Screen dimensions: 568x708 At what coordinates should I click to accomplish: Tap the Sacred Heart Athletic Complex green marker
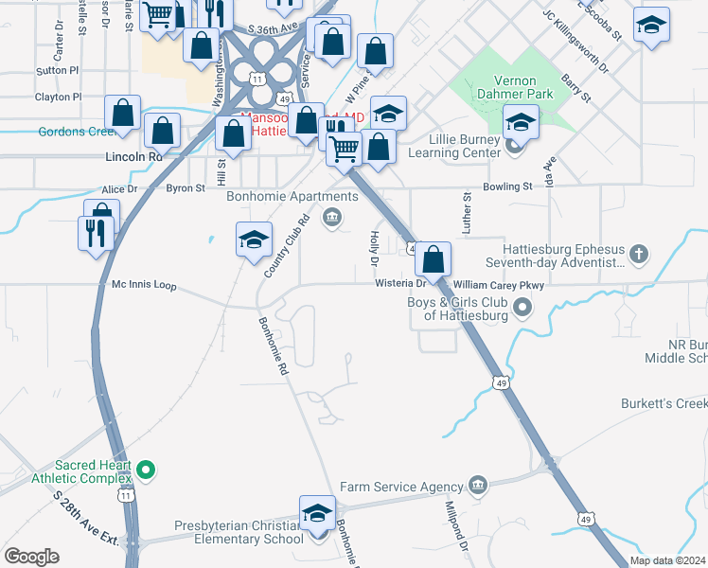(x=145, y=469)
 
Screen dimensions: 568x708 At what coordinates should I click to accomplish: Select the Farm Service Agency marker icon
(x=476, y=486)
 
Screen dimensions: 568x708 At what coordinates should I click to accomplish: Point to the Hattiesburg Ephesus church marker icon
(x=640, y=254)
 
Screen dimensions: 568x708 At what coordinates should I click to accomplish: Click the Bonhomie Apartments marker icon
(x=331, y=219)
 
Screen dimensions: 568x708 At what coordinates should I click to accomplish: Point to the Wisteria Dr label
(x=401, y=282)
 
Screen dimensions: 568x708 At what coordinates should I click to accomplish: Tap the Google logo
(x=31, y=557)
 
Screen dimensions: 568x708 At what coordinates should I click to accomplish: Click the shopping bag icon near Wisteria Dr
(x=433, y=258)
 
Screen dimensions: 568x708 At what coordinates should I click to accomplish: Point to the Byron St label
(x=186, y=188)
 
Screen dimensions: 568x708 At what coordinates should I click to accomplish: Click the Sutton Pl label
(x=58, y=70)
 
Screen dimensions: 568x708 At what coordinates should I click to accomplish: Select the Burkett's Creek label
(x=664, y=404)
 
